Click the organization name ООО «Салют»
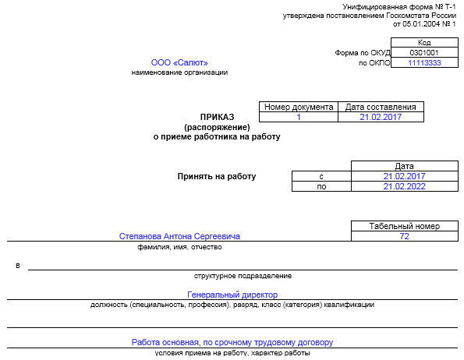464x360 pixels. [x=179, y=62]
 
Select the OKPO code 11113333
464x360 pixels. [x=424, y=62]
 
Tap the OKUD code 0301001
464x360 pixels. [x=424, y=53]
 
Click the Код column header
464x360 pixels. [x=424, y=43]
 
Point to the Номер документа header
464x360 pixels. [x=299, y=107]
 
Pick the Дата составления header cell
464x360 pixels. [x=381, y=107]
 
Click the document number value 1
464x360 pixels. [x=299, y=117]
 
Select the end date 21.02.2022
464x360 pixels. [x=404, y=186]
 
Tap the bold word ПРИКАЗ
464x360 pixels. [x=217, y=117]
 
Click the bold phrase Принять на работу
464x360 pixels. [x=217, y=176]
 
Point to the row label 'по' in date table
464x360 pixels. [x=321, y=187]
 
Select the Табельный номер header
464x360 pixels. [x=404, y=226]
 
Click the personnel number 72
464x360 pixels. [x=404, y=236]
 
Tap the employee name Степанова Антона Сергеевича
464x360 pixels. [x=179, y=236]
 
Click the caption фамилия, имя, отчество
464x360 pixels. [x=179, y=247]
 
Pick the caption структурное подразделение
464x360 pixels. [x=243, y=276]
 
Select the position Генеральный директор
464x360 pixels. [x=232, y=295]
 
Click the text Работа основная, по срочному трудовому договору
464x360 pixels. [x=232, y=342]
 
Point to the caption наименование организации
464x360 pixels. [x=179, y=72]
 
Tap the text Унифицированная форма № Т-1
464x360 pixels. [x=399, y=6]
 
